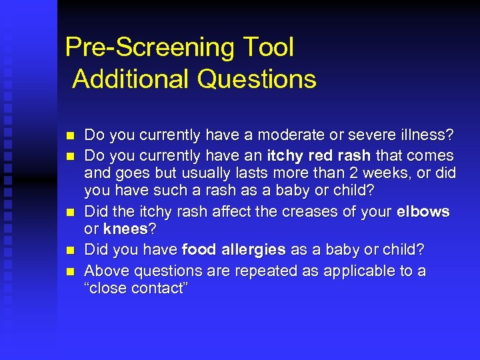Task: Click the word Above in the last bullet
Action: pyautogui.click(x=105, y=271)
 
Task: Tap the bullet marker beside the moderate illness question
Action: pyautogui.click(x=70, y=136)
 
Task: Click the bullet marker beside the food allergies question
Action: pyautogui.click(x=70, y=250)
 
